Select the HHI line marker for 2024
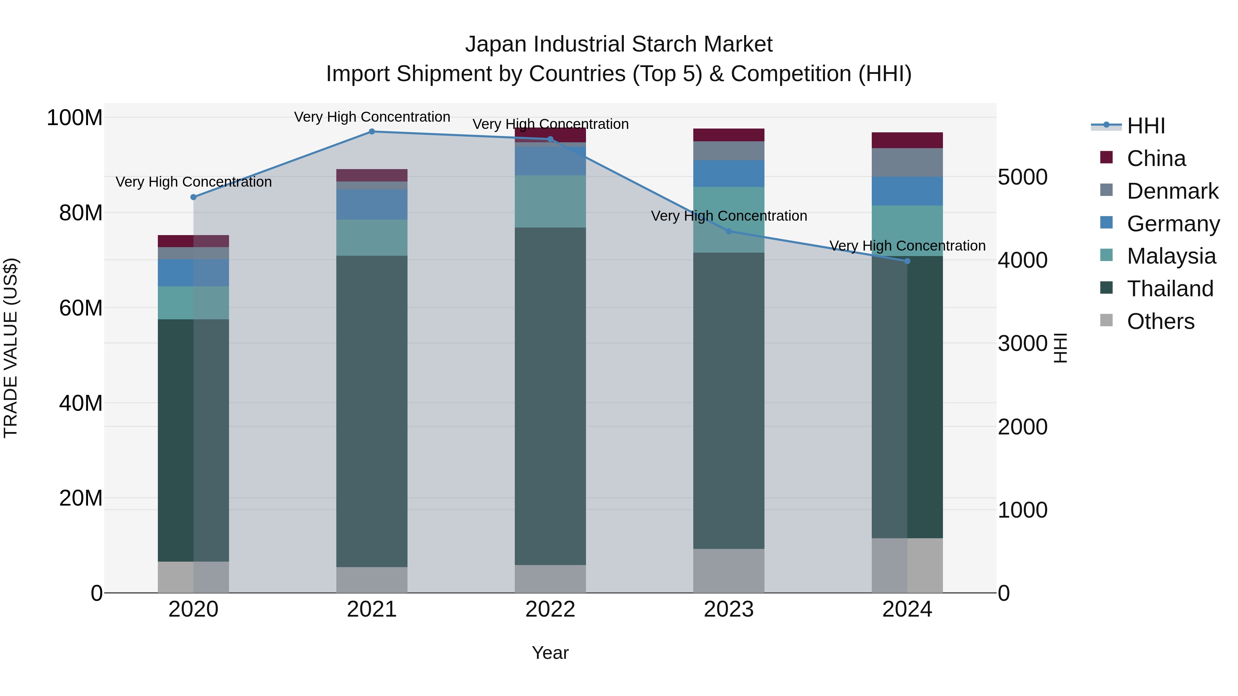[908, 261]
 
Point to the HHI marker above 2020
[194, 197]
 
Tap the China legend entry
[1156, 158]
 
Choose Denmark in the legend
[1172, 191]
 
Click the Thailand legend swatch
[1106, 288]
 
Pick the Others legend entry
[1160, 321]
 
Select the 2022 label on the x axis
[550, 609]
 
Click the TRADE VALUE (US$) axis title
[11, 348]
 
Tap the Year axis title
[550, 653]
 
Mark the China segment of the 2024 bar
[908, 140]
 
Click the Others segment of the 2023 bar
[729, 571]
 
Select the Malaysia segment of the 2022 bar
[550, 201]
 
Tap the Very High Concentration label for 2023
[729, 216]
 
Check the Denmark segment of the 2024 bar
[908, 162]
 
